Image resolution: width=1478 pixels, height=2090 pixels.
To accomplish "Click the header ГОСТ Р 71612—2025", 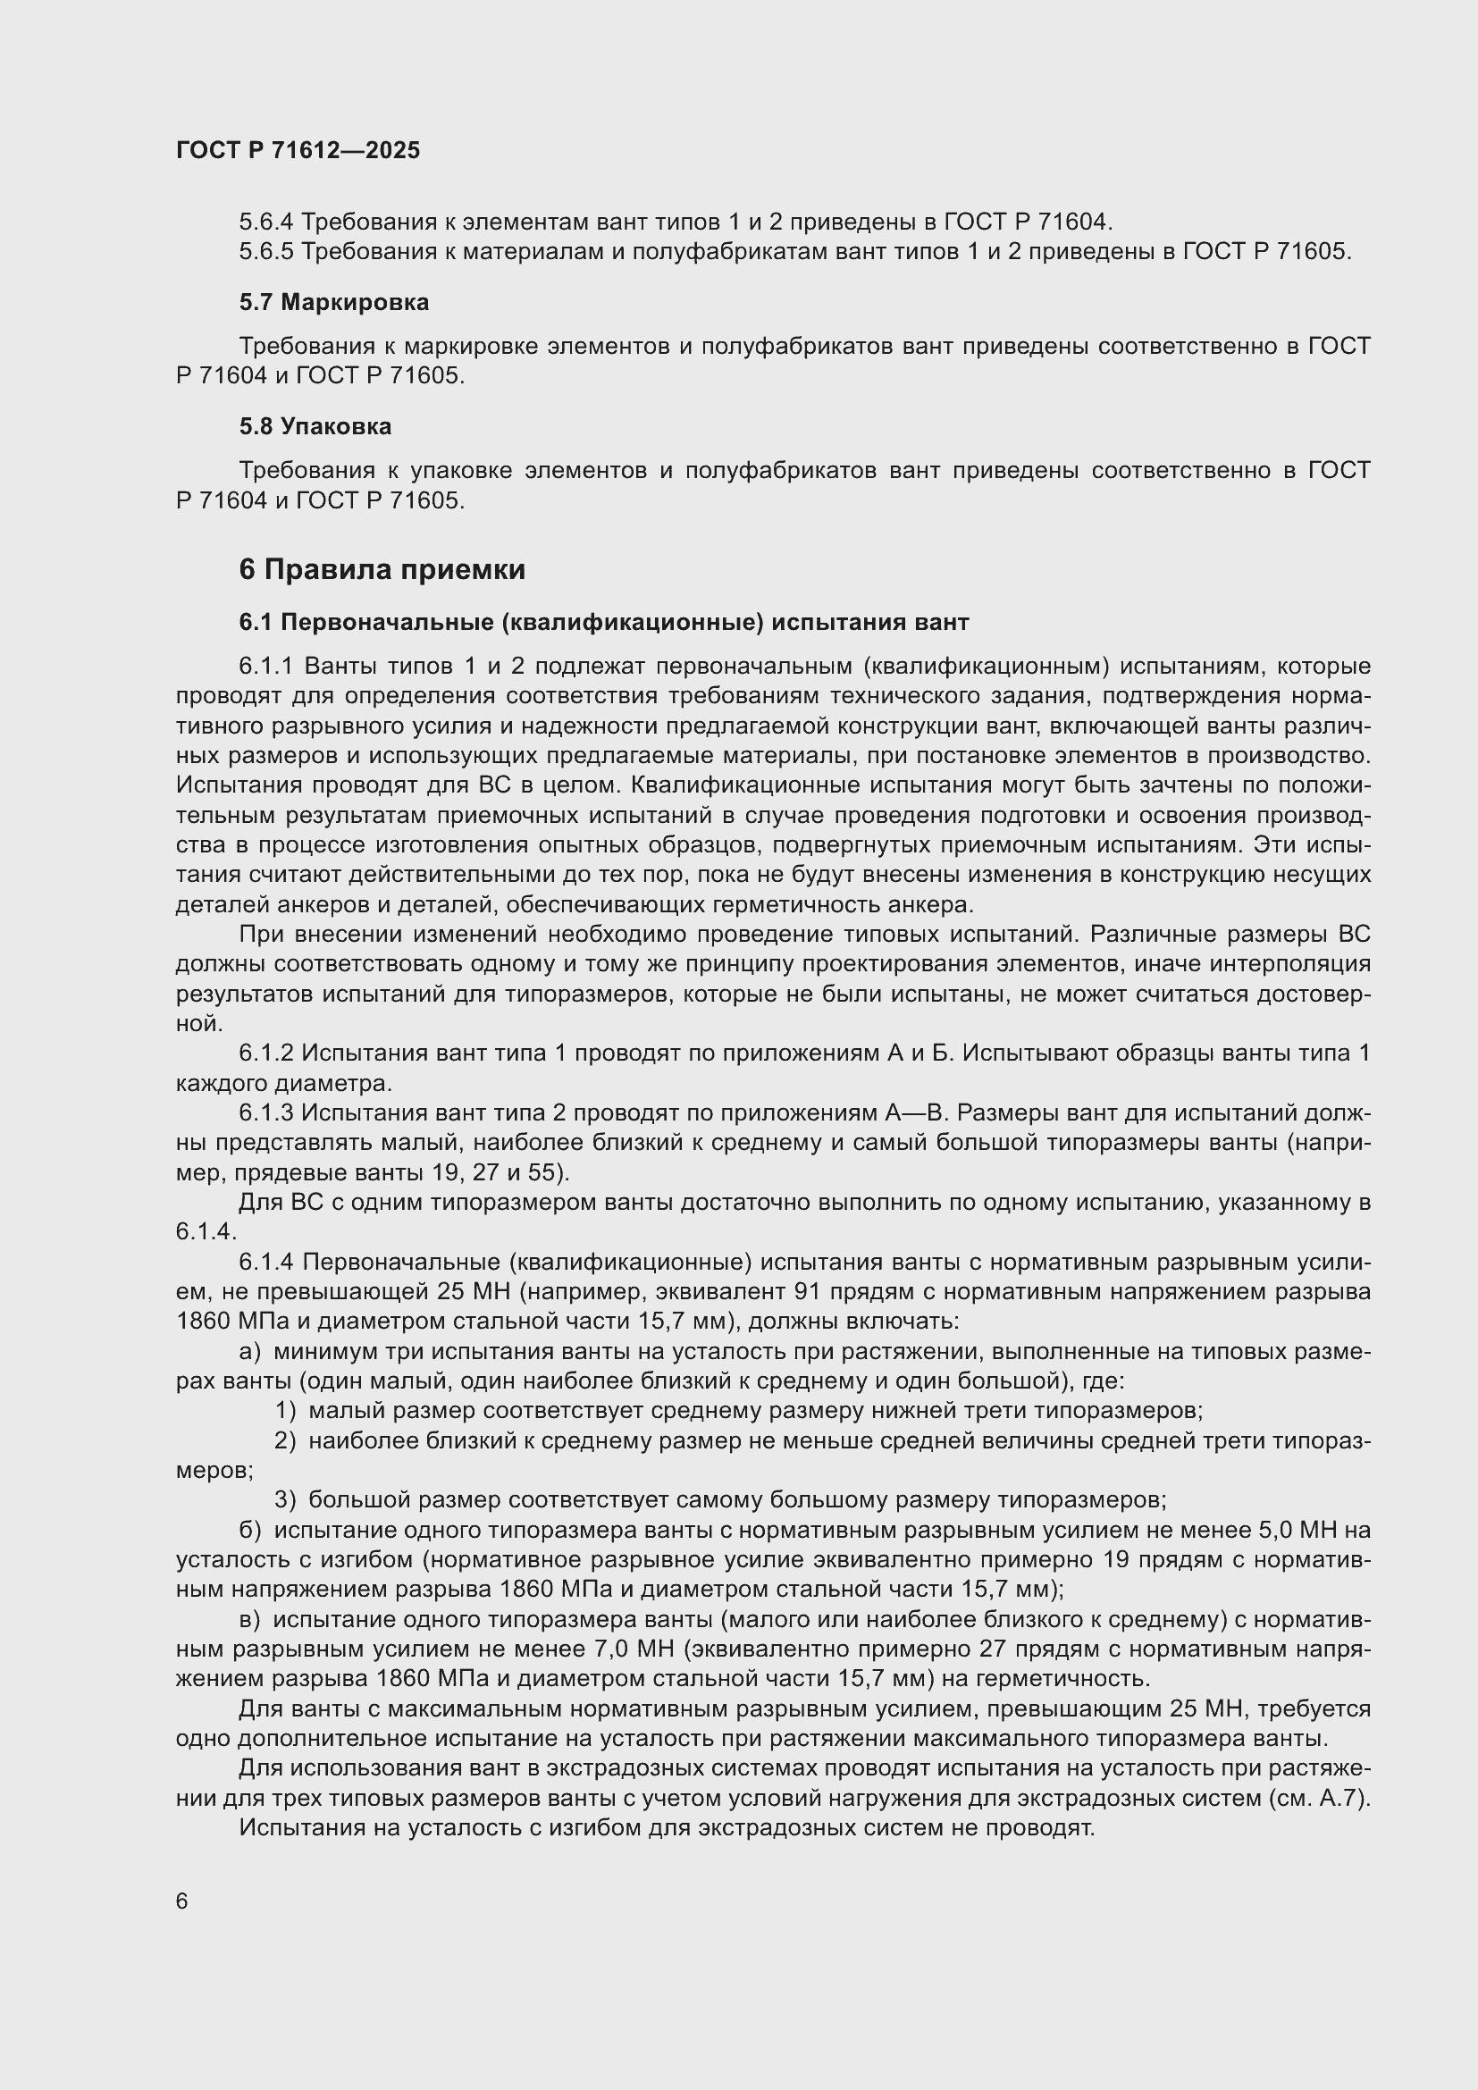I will pos(298,150).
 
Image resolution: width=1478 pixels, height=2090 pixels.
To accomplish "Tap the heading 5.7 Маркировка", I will pos(334,302).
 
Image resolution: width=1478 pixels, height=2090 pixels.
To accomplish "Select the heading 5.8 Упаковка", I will pos(315,426).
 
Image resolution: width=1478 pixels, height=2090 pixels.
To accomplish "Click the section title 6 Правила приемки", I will pos(382,570).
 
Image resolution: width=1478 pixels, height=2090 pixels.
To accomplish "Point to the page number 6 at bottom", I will pos(182,1901).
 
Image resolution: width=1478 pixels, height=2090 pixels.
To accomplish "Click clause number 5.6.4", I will pos(265,222).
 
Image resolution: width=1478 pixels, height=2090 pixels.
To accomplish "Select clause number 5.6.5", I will pos(265,251).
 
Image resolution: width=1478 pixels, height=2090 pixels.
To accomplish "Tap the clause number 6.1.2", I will pos(265,1053).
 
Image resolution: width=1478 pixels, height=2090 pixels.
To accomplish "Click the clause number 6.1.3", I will pos(265,1112).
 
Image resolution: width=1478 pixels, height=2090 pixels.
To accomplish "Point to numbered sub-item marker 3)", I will pos(285,1499).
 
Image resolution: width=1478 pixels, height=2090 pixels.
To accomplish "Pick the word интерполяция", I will pos(1301,964).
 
